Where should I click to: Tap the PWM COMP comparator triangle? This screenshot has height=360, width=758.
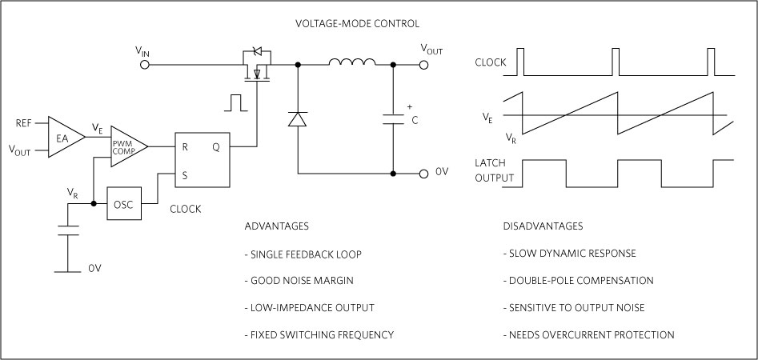pos(127,146)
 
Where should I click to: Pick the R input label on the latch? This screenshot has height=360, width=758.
pos(184,146)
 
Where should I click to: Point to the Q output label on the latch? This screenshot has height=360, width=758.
pos(216,146)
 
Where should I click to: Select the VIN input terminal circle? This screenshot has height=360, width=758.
pos(144,64)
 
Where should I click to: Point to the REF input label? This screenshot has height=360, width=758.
pos(24,123)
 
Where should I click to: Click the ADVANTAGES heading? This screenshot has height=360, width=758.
pos(276,226)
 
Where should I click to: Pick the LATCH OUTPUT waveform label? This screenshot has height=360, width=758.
pos(494,170)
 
